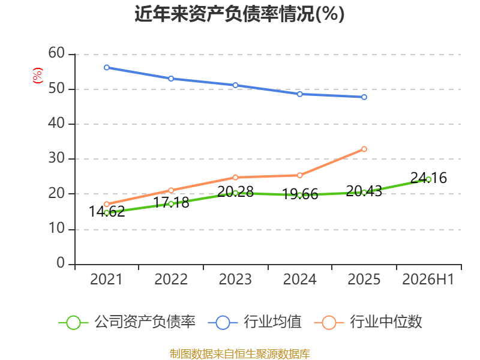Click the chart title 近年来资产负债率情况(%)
(239, 14)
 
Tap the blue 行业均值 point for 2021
(107, 67)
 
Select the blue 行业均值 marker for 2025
(364, 97)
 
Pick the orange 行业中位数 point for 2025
(364, 149)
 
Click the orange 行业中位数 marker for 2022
(171, 190)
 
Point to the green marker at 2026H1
(428, 179)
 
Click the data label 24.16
(428, 178)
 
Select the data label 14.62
(107, 212)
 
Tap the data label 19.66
(299, 194)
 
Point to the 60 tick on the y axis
(56, 53)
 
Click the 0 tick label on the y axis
(61, 263)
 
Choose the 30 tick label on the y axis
(56, 158)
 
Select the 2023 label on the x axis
(235, 279)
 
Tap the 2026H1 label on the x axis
(428, 279)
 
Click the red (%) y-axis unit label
(38, 76)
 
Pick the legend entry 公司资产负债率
(127, 322)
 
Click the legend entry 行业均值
(254, 322)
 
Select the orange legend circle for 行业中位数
(329, 323)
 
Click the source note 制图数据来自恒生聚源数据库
(239, 354)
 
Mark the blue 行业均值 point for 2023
(235, 85)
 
